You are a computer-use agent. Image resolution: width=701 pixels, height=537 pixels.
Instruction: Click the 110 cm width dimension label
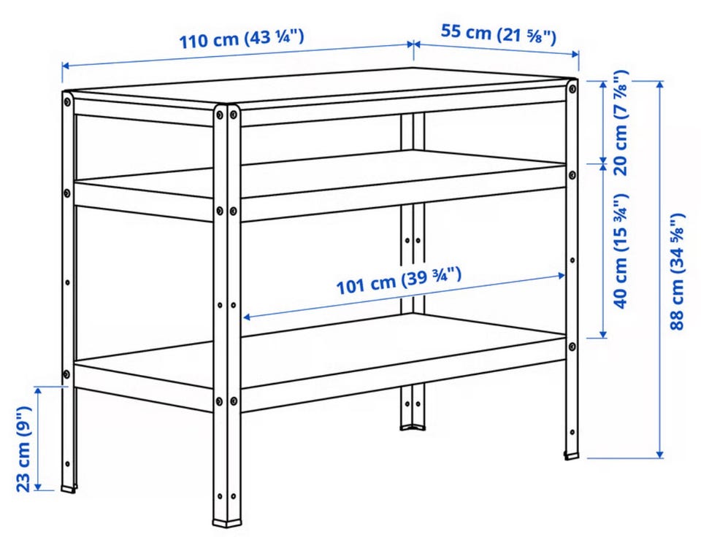click(242, 39)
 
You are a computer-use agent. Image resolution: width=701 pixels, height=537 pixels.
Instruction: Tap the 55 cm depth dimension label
click(499, 34)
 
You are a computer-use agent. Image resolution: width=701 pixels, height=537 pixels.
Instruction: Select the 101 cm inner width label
click(398, 281)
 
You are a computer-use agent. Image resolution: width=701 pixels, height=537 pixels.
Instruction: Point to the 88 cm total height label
click(678, 271)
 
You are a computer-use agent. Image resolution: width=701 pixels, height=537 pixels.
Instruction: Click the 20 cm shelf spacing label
click(621, 123)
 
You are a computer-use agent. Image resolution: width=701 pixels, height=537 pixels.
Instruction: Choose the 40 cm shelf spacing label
click(621, 251)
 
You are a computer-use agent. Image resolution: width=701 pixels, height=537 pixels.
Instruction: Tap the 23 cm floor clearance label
click(23, 449)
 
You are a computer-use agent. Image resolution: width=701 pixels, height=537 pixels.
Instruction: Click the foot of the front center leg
click(227, 522)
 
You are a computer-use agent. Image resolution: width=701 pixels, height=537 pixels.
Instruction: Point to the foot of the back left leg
click(69, 489)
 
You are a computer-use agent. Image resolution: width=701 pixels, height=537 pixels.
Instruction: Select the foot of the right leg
click(571, 456)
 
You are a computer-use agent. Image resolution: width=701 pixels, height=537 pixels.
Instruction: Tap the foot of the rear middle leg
click(412, 427)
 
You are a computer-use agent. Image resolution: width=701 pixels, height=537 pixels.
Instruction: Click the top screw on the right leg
click(571, 88)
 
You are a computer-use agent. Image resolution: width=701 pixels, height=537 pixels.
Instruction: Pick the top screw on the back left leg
click(67, 102)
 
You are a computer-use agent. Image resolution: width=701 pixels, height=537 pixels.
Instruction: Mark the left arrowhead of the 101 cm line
click(247, 317)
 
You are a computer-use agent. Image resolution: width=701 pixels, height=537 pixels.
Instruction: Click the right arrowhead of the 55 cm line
click(575, 54)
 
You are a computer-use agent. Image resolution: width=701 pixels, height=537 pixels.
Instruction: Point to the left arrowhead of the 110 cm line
click(66, 66)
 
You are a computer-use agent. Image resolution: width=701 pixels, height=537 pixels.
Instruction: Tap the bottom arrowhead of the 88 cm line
click(659, 455)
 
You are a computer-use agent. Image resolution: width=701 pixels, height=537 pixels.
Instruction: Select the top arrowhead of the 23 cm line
click(39, 390)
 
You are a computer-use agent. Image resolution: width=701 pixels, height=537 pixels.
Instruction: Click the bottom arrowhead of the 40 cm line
click(603, 333)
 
